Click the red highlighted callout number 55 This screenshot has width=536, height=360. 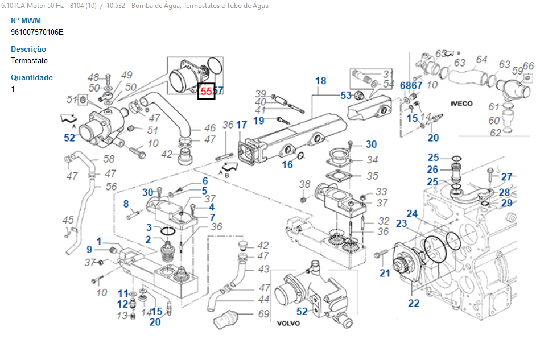coord(206,90)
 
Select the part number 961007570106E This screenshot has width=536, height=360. coord(37,32)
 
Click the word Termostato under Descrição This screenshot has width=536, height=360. coord(29,60)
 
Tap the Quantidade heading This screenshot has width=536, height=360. coord(32,77)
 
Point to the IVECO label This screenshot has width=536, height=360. coord(461,104)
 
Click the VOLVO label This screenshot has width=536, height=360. coord(288,323)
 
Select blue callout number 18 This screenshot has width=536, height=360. coord(320,81)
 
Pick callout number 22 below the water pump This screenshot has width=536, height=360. coord(414,303)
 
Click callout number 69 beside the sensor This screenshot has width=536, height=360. coord(263,313)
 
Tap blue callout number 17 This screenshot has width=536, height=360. coord(242,125)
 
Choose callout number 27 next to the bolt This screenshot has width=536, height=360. coord(506,177)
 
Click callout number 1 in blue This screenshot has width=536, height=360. coord(98,241)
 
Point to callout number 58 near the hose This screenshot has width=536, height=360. coord(109,159)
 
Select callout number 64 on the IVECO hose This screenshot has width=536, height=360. coord(481,59)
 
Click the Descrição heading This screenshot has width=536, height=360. coord(28,49)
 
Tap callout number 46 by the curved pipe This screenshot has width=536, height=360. coord(210,129)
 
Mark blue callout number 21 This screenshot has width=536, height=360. coord(385,273)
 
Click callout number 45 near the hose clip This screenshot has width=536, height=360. coord(68,220)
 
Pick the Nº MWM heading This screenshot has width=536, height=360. coord(26,20)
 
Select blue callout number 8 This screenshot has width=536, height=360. coord(126,204)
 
